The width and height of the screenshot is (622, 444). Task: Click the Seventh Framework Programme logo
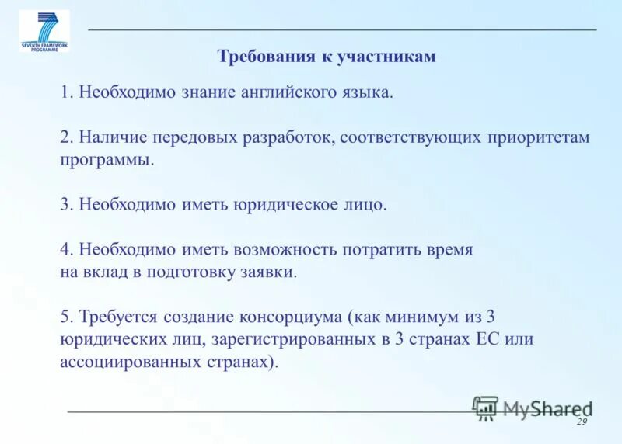[x=44, y=30]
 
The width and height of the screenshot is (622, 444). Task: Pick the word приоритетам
[x=540, y=137]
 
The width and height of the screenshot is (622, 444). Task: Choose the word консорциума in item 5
[x=291, y=317]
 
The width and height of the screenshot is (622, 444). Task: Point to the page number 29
[x=581, y=421]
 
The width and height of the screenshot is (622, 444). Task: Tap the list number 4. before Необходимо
[x=66, y=250]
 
